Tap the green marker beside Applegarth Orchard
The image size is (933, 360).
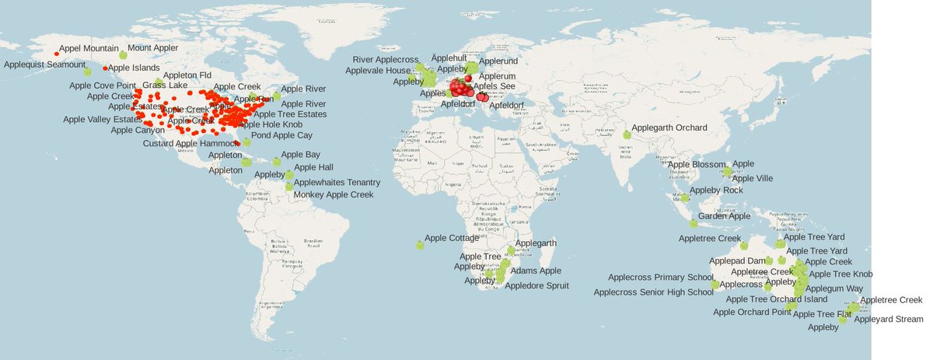pyautogui.click(x=627, y=135)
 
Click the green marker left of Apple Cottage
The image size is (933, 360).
pyautogui.click(x=420, y=245)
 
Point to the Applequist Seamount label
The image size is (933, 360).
pyautogui.click(x=44, y=65)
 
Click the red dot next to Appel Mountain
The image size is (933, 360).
pyautogui.click(x=57, y=54)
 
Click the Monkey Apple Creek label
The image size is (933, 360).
pyautogui.click(x=333, y=194)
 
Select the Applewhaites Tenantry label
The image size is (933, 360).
pyautogui.click(x=337, y=182)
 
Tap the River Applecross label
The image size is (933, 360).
pyautogui.click(x=386, y=59)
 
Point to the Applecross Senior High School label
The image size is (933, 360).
pyautogui.click(x=653, y=292)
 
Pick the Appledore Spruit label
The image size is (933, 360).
pyautogui.click(x=536, y=285)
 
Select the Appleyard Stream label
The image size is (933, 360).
pyautogui.click(x=888, y=320)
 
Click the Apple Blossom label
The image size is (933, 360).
pyautogui.click(x=697, y=164)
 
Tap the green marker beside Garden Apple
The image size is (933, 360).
pyautogui.click(x=694, y=224)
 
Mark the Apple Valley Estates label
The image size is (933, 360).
pyautogui.click(x=103, y=119)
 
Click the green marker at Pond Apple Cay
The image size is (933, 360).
pyautogui.click(x=247, y=142)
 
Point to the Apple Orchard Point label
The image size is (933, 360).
pyautogui.click(x=752, y=312)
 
